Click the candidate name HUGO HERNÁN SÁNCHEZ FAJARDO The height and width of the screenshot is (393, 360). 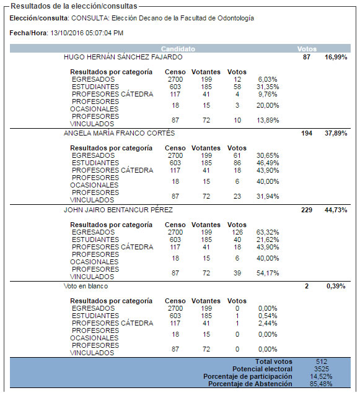(x=123, y=57)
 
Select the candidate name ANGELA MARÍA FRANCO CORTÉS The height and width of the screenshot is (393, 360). (x=119, y=133)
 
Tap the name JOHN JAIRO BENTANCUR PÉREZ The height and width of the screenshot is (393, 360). (x=118, y=210)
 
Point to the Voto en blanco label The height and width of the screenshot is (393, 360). (x=86, y=286)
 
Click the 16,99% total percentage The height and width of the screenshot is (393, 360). (x=336, y=57)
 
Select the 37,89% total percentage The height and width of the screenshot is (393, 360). (x=336, y=133)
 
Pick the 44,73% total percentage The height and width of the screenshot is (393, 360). (x=336, y=210)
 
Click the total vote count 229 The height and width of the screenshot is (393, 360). (x=307, y=210)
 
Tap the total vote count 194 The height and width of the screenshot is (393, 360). (x=307, y=133)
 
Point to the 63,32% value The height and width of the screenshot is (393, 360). (x=268, y=232)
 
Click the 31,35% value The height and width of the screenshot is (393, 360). (x=268, y=87)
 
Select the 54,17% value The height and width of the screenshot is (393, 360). (x=268, y=273)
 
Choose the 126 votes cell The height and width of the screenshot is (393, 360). (x=237, y=232)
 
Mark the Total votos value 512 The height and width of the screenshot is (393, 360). (x=322, y=361)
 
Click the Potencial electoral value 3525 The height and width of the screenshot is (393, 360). (x=322, y=369)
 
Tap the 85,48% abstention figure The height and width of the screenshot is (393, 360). (x=322, y=384)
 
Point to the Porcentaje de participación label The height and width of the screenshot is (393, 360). (x=248, y=376)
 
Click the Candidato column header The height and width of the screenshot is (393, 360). (x=178, y=49)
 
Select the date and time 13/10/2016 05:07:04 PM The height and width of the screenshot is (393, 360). (x=87, y=33)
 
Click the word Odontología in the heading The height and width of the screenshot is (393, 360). (x=236, y=19)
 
